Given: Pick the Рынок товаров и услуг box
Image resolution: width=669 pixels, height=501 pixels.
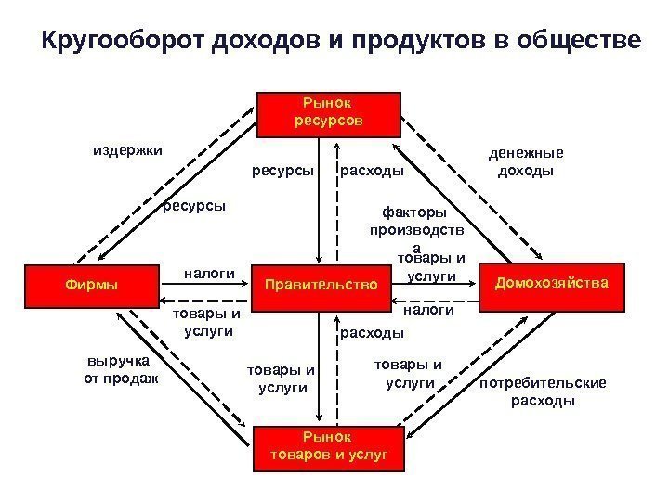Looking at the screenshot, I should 327,447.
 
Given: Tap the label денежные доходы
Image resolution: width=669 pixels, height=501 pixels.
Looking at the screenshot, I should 526,162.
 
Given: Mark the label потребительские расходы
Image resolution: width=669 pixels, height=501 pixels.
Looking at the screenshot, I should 544,392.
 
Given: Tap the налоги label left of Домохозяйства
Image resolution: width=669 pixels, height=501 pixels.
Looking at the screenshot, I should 429,311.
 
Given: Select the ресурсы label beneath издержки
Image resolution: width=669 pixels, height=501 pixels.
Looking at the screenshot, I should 195,205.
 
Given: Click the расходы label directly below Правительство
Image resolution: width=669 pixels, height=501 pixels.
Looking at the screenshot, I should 372,331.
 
